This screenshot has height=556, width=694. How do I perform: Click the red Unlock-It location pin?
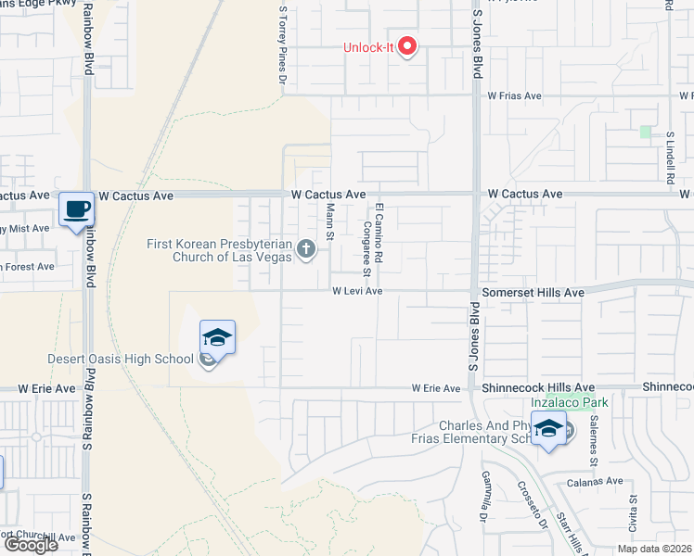407,46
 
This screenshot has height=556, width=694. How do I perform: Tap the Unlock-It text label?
370,47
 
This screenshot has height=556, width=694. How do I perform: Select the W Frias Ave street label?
514,95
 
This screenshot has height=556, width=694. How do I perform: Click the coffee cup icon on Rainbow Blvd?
76,208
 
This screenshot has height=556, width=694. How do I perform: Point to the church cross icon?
306,247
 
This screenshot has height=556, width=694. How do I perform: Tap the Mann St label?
329,222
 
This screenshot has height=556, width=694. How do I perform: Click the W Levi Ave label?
358,291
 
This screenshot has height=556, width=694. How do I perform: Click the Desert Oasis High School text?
121,359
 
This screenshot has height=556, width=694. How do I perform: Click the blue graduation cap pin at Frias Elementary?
548,428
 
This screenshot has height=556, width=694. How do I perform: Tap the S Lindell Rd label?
669,158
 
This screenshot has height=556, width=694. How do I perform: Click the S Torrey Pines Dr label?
283,43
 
